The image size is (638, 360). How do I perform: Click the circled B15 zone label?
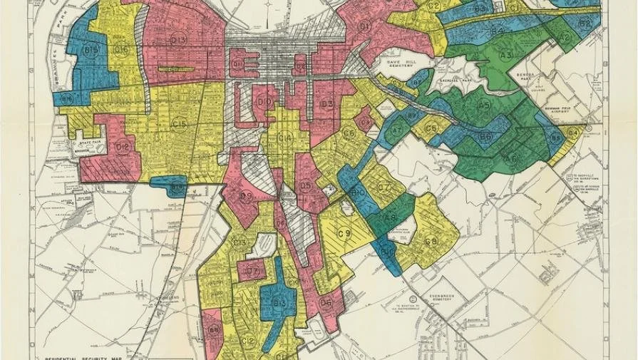coord(91,51)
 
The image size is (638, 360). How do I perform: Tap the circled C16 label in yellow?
coord(122,49)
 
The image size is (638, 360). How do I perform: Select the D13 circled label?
coord(178,40)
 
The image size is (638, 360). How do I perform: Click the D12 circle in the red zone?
coord(123,148)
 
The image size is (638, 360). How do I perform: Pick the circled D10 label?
coord(264,103)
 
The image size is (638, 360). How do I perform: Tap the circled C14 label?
coord(285,138)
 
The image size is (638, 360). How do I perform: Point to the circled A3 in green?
coord(506,55)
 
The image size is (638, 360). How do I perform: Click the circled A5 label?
coord(484,105)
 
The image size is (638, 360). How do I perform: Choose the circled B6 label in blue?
coord(485,136)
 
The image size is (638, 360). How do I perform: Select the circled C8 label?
coord(431,241)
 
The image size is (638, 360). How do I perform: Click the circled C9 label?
coord(344,233)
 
